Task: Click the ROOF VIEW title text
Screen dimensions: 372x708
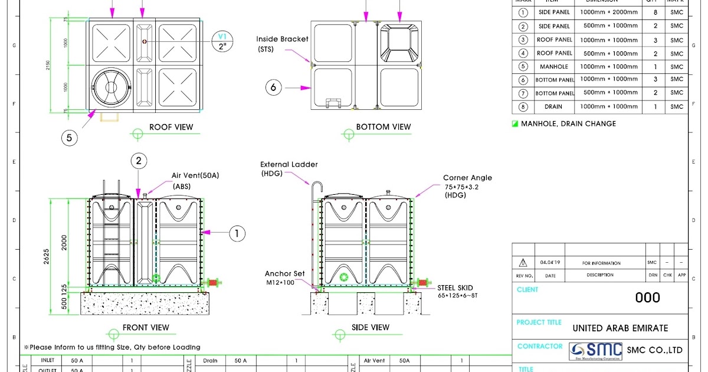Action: (171, 127)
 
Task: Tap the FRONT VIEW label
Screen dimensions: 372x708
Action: (146, 328)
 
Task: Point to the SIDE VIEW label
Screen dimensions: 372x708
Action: (371, 328)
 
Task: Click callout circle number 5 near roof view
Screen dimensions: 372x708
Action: (70, 138)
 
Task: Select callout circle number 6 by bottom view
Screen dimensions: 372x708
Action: (273, 87)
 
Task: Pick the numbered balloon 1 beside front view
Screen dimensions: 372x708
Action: (237, 234)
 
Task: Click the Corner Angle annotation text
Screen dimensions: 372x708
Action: (467, 178)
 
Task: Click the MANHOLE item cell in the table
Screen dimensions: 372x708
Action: (553, 67)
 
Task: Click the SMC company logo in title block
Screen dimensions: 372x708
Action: (596, 351)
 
